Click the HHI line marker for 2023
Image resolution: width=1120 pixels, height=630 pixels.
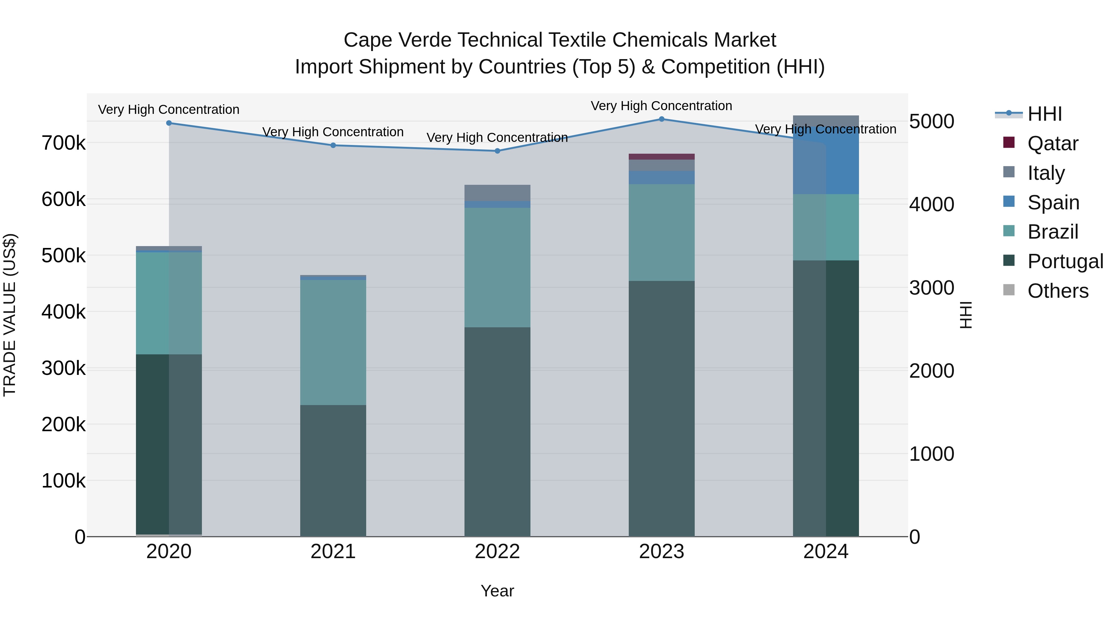[661, 119]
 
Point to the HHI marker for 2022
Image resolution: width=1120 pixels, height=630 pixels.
[497, 151]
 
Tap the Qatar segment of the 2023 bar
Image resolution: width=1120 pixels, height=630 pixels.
[661, 156]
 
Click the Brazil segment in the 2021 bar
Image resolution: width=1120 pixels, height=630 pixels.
[333, 342]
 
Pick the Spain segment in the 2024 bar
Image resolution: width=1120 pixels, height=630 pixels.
[826, 161]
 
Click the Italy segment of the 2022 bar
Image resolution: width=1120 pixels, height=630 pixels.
[497, 193]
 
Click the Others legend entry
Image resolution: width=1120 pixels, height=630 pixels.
[1057, 291]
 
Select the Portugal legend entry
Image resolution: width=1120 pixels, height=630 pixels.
[1065, 261]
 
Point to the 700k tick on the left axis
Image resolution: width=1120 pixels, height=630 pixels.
[63, 143]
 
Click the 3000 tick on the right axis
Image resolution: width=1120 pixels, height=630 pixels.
[931, 288]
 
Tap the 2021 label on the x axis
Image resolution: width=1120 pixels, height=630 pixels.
[333, 552]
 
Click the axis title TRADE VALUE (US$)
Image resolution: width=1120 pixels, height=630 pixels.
[10, 315]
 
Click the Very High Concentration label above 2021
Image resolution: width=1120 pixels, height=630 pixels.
[333, 132]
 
